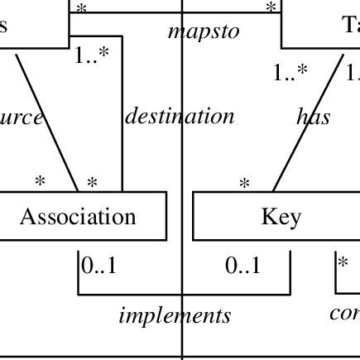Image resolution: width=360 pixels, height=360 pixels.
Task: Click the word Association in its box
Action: point(78,217)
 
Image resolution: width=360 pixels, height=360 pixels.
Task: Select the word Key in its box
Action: point(281,217)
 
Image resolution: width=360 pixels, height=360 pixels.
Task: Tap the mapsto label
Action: point(204,31)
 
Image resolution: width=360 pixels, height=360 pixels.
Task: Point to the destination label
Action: point(180,116)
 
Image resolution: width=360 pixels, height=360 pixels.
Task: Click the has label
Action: point(314,117)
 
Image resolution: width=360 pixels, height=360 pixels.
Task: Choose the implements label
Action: point(175,315)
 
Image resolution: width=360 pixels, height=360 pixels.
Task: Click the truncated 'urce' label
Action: point(22,117)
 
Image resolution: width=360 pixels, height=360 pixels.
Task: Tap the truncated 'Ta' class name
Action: point(351,24)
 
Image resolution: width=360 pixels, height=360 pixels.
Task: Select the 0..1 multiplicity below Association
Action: point(98,266)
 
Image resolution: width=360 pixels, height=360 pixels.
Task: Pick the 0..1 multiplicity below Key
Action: point(242,266)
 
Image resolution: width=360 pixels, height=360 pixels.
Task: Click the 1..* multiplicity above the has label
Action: point(290,74)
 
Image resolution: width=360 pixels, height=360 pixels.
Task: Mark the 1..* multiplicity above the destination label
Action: point(91,57)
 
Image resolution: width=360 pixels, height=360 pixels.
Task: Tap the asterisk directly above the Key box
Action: point(244,184)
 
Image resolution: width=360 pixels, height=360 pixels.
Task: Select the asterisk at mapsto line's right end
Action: point(271,7)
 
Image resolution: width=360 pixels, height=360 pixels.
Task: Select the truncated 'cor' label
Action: point(344,314)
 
